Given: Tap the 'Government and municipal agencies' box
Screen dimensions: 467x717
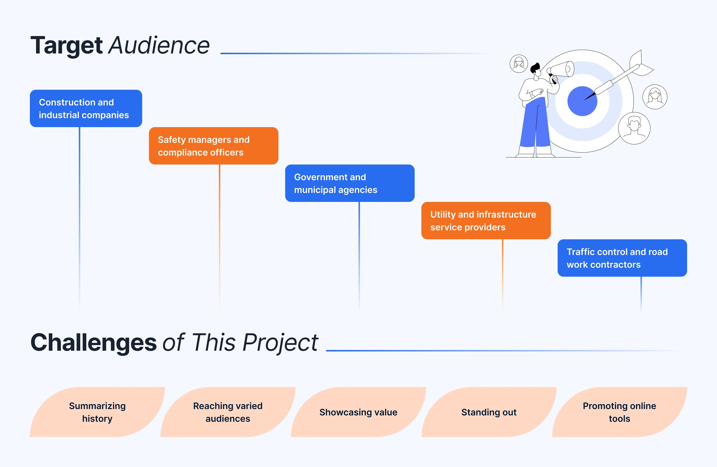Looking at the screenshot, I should (x=350, y=183).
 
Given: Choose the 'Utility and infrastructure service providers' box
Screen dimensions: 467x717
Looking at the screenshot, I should (x=486, y=221).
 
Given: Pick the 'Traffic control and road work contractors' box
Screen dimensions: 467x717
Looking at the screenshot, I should (x=622, y=258).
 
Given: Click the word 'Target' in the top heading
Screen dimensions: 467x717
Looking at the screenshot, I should (x=67, y=46).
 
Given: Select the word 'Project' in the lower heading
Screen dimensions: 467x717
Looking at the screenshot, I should (x=280, y=343).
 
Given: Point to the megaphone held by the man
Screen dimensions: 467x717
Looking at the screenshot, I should (x=561, y=69).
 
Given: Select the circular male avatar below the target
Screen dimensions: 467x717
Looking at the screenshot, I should (x=634, y=128).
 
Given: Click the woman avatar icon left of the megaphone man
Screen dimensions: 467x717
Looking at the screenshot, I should (x=519, y=64).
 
